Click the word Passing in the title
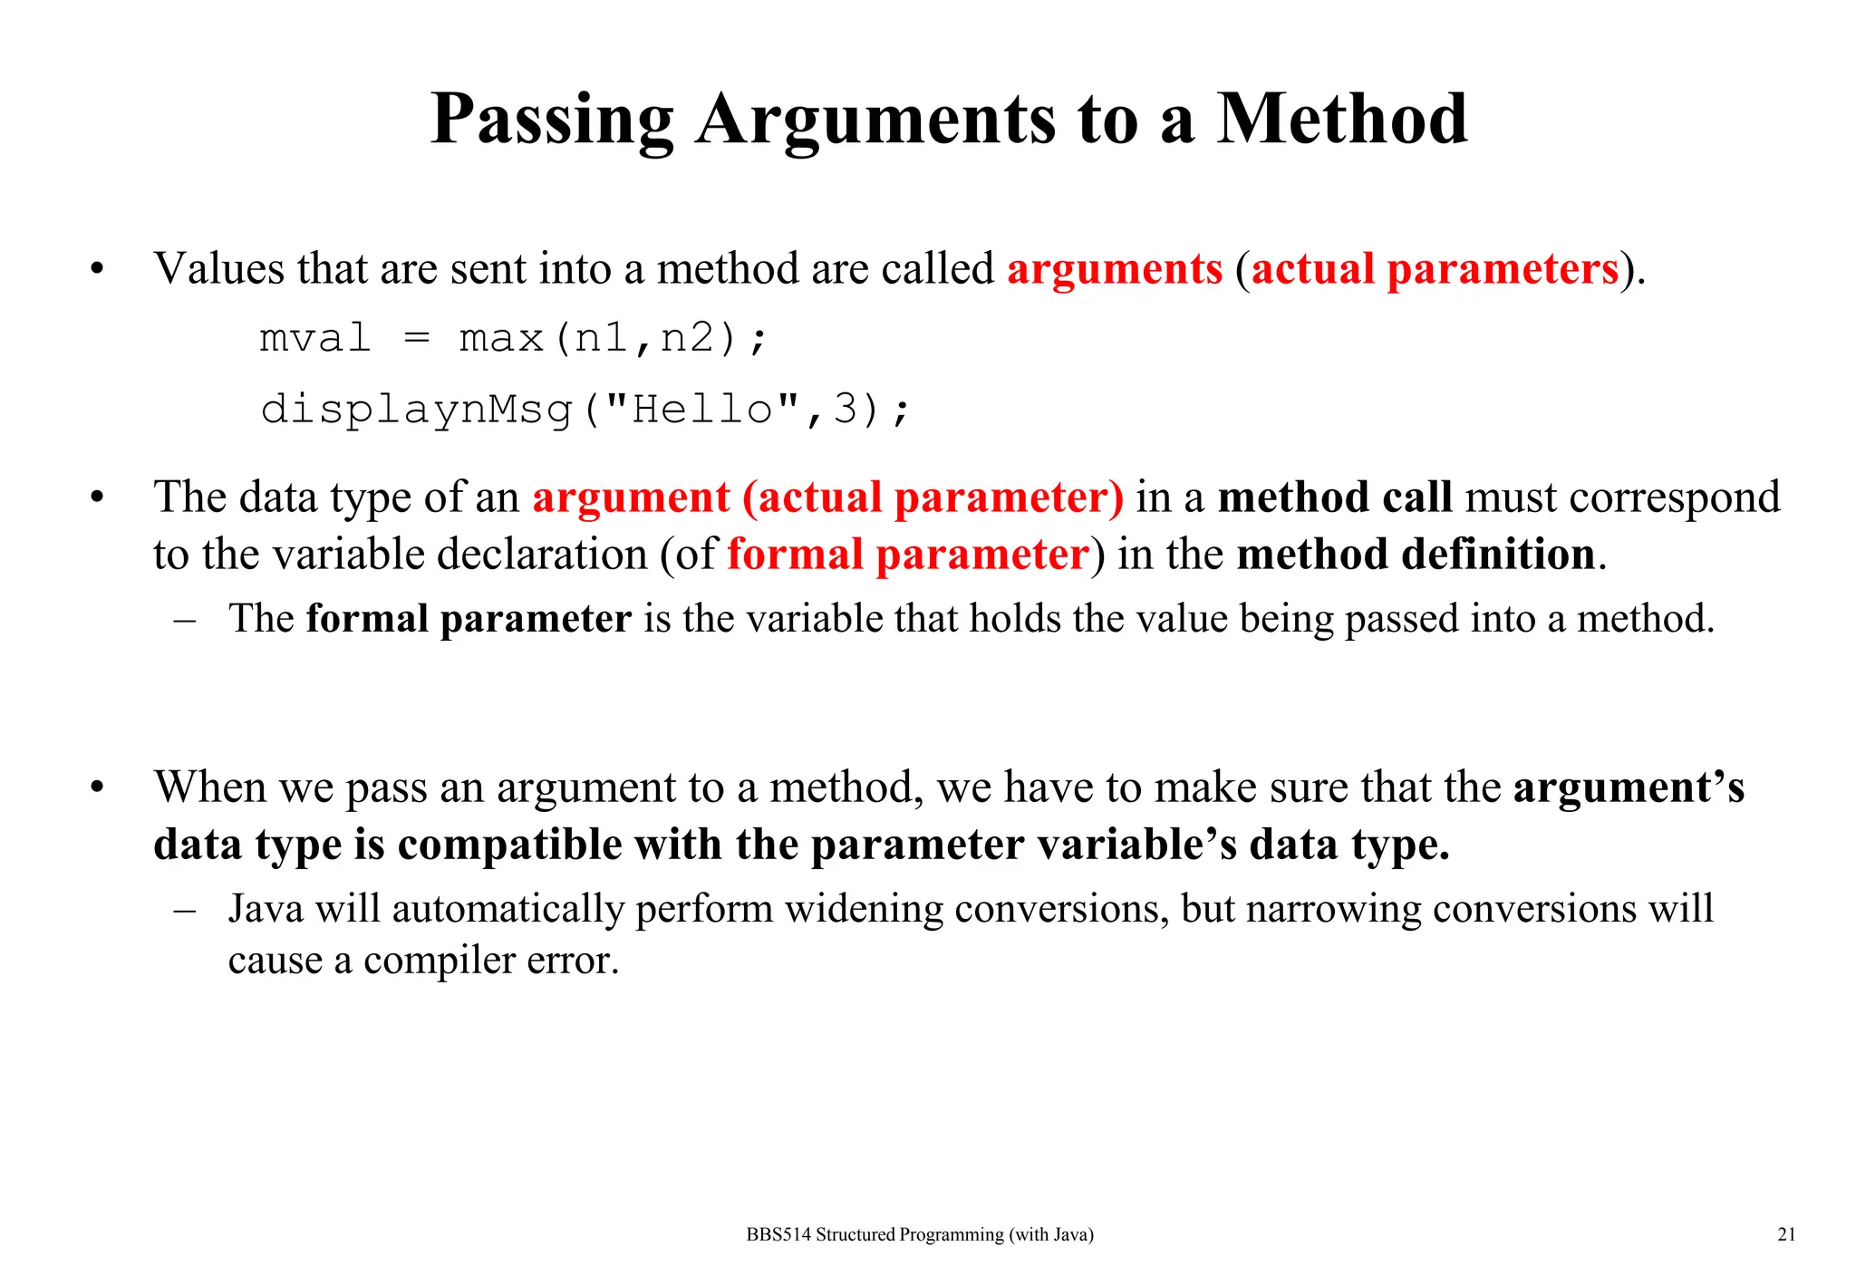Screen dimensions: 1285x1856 [x=552, y=121]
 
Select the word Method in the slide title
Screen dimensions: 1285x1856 [x=1341, y=121]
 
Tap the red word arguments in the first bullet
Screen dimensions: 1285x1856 [x=1115, y=269]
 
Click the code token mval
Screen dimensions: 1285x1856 [x=315, y=339]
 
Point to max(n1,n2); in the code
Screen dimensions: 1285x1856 [x=614, y=339]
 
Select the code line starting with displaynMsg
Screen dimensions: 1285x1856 [x=585, y=410]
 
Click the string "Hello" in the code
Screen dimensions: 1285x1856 [x=702, y=408]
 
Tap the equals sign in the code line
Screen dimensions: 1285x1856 [x=416, y=339]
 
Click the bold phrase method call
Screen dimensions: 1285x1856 [x=1334, y=498]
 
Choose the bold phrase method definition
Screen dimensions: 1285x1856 [x=1416, y=555]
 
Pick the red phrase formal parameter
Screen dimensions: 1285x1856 [x=907, y=555]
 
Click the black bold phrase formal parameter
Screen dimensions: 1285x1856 [x=469, y=619]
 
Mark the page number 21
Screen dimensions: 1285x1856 [x=1786, y=1234]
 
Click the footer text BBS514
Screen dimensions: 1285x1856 [x=778, y=1234]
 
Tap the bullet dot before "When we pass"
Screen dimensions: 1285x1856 [x=97, y=787]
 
